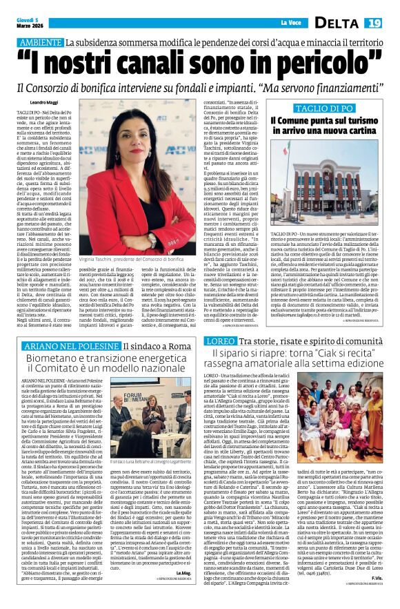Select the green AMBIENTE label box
pyautogui.click(x=40, y=43)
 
